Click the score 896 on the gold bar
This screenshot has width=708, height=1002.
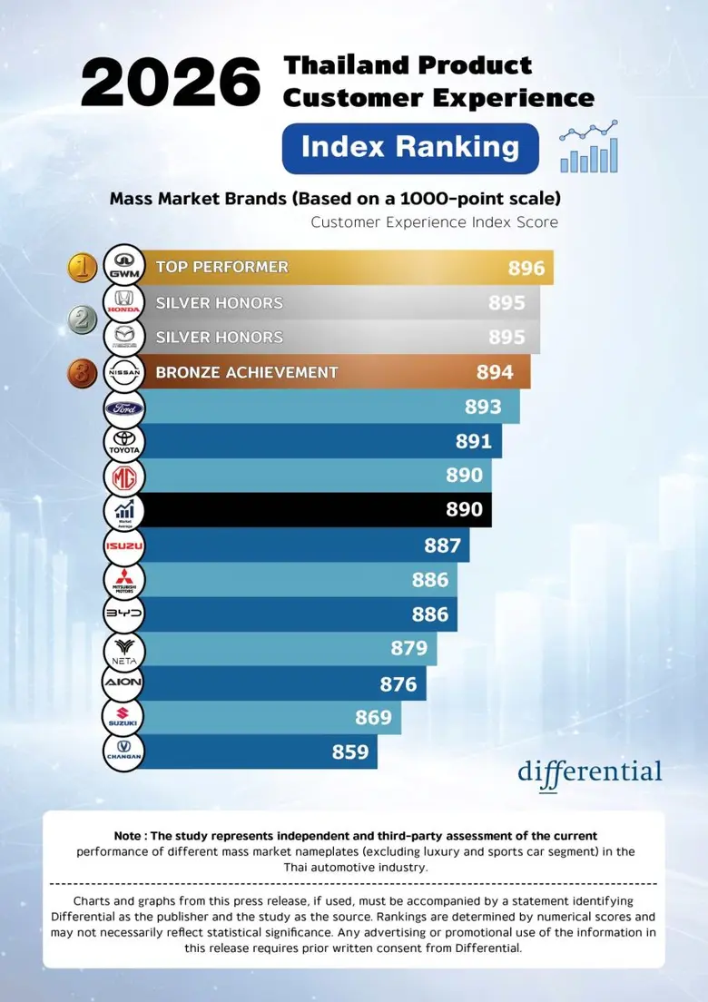pyautogui.click(x=526, y=268)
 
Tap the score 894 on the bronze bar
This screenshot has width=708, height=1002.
pyautogui.click(x=495, y=372)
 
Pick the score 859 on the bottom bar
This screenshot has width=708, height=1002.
pyautogui.click(x=350, y=752)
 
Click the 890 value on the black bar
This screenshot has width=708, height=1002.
pyautogui.click(x=464, y=510)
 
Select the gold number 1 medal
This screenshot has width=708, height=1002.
pyautogui.click(x=84, y=267)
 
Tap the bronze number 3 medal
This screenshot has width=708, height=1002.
pyautogui.click(x=84, y=372)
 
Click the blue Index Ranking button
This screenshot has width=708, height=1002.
pyautogui.click(x=410, y=148)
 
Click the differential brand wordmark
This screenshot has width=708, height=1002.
pyautogui.click(x=590, y=772)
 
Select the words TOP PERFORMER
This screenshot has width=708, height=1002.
pyautogui.click(x=221, y=267)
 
